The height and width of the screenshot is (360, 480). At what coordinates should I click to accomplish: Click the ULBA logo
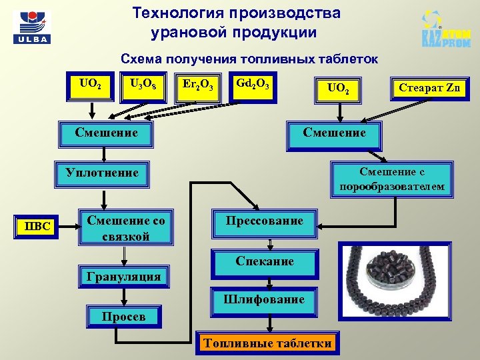tap(31, 27)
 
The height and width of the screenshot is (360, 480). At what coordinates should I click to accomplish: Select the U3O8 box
tap(144, 85)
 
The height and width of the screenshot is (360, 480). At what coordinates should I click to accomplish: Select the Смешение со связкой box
tap(125, 228)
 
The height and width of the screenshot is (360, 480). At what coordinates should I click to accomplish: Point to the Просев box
tap(123, 317)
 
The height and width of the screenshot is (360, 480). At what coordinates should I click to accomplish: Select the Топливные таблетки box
tap(268, 344)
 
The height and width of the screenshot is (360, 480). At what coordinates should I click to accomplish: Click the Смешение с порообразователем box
tap(391, 179)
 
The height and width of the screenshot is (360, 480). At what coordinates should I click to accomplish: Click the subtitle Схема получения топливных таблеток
tap(249, 59)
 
